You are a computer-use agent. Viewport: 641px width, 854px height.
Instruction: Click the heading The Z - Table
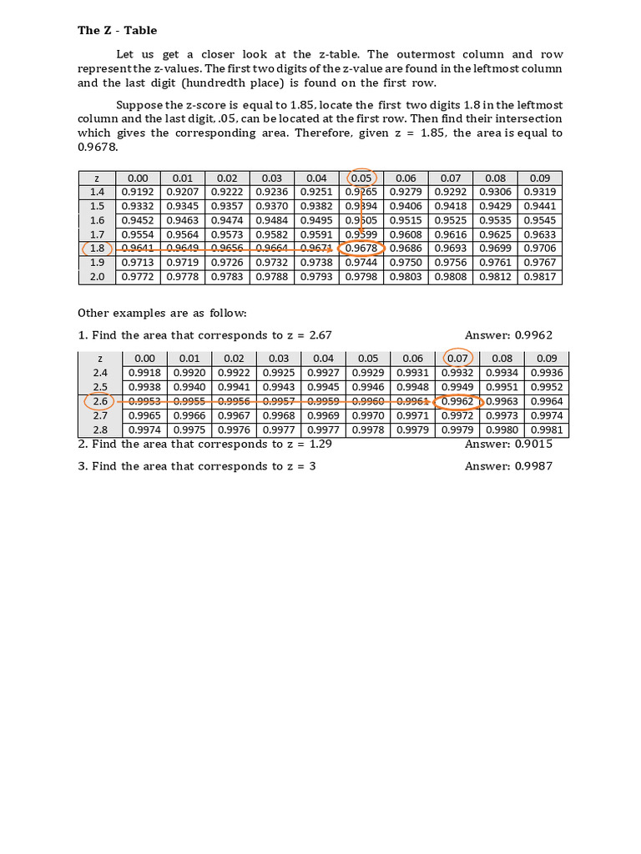(x=117, y=31)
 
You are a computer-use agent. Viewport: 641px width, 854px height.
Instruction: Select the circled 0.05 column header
(x=361, y=178)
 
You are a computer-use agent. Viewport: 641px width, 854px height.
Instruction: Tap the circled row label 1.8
(x=97, y=249)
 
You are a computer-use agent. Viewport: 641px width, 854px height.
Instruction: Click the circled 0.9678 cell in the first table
(x=361, y=249)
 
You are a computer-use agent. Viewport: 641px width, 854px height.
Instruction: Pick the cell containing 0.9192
(x=137, y=192)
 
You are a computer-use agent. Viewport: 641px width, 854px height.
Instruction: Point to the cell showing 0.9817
(x=539, y=277)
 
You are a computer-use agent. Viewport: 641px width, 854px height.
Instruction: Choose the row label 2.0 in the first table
(x=97, y=277)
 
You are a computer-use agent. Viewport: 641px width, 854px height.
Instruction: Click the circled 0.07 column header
(x=457, y=359)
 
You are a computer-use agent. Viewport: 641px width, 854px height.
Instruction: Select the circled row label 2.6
(x=100, y=401)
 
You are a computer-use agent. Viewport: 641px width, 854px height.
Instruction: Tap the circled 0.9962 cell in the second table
(x=457, y=401)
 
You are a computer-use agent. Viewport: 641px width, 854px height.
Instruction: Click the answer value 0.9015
(x=533, y=445)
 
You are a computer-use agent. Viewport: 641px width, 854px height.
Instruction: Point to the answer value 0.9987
(x=533, y=466)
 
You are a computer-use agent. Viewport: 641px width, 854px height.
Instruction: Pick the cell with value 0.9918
(x=144, y=373)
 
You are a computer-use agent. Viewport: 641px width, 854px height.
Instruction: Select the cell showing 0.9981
(x=547, y=430)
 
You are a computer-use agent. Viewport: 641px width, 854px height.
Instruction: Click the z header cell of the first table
(x=97, y=178)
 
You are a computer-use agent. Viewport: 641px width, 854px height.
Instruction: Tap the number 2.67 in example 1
(x=320, y=335)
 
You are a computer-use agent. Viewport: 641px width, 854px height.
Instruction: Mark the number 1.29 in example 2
(x=320, y=445)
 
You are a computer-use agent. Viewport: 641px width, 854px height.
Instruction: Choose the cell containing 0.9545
(x=539, y=220)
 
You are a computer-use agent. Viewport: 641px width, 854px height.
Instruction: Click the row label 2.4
(x=100, y=373)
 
